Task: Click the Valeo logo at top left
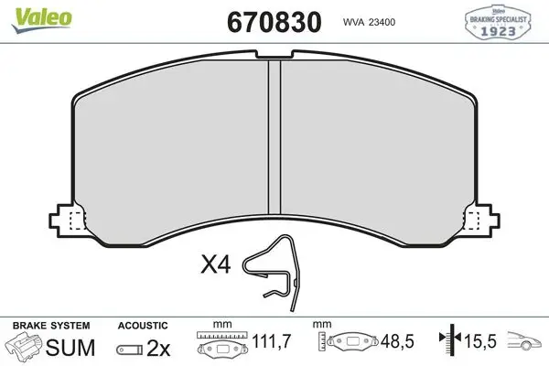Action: click(42, 19)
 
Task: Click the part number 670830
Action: click(274, 22)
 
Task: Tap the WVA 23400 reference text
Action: click(369, 22)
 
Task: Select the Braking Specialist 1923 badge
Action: click(498, 21)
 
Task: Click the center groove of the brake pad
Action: click(274, 136)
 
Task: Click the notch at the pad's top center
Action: click(274, 55)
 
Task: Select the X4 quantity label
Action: click(216, 264)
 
